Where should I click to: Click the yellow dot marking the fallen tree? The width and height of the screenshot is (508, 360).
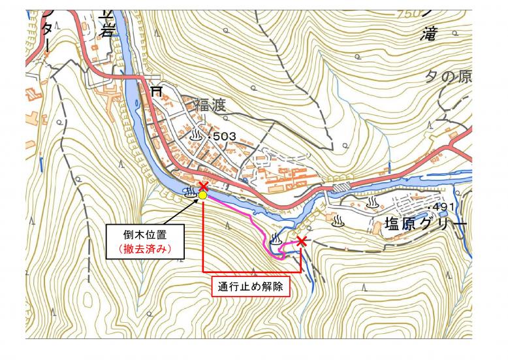pos(203,195)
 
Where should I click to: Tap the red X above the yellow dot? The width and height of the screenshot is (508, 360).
pos(203,187)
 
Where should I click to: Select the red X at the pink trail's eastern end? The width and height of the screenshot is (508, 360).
pos(301,242)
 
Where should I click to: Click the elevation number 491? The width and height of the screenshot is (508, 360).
pos(440,207)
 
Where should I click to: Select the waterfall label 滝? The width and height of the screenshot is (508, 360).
pos(428,33)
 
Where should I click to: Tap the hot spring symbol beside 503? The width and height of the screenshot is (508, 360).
pos(196,135)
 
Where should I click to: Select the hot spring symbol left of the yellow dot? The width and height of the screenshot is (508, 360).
pos(191,192)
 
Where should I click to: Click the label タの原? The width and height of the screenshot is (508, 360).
pos(448,76)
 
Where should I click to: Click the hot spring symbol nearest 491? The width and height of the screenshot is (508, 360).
pos(372,203)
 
